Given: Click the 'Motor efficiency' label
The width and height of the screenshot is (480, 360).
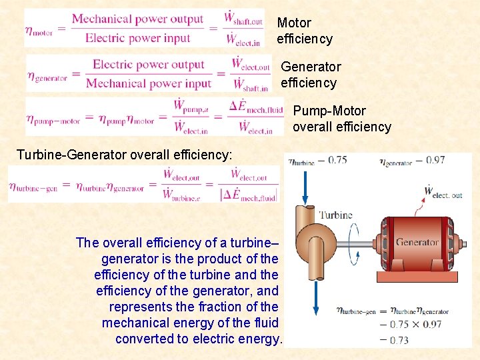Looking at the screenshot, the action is pyautogui.click(x=304, y=31).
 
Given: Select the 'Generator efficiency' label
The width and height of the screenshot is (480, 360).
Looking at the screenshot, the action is pyautogui.click(x=310, y=75).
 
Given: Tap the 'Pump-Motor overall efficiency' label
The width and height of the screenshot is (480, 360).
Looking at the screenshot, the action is pyautogui.click(x=341, y=119).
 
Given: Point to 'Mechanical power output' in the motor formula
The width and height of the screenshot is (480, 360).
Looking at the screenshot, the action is pyautogui.click(x=137, y=19).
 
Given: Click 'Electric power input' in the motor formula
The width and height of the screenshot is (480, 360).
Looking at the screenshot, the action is pyautogui.click(x=138, y=38).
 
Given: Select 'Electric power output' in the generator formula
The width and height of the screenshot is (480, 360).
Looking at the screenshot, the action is pyautogui.click(x=148, y=65).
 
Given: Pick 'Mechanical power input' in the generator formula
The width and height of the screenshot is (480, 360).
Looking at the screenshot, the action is pyautogui.click(x=148, y=83).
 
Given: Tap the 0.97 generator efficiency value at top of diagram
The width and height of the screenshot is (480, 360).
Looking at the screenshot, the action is pyautogui.click(x=435, y=160).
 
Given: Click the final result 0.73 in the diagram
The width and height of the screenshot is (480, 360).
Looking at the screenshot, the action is pyautogui.click(x=399, y=340).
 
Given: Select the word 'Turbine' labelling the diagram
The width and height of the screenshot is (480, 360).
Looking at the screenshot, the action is pyautogui.click(x=335, y=215).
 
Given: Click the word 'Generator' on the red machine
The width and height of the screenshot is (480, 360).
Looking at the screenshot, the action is pyautogui.click(x=417, y=242).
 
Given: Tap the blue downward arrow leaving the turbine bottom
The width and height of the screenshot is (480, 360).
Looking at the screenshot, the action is pyautogui.click(x=313, y=293).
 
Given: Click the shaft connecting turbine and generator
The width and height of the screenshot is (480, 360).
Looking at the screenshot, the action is pyautogui.click(x=363, y=251).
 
